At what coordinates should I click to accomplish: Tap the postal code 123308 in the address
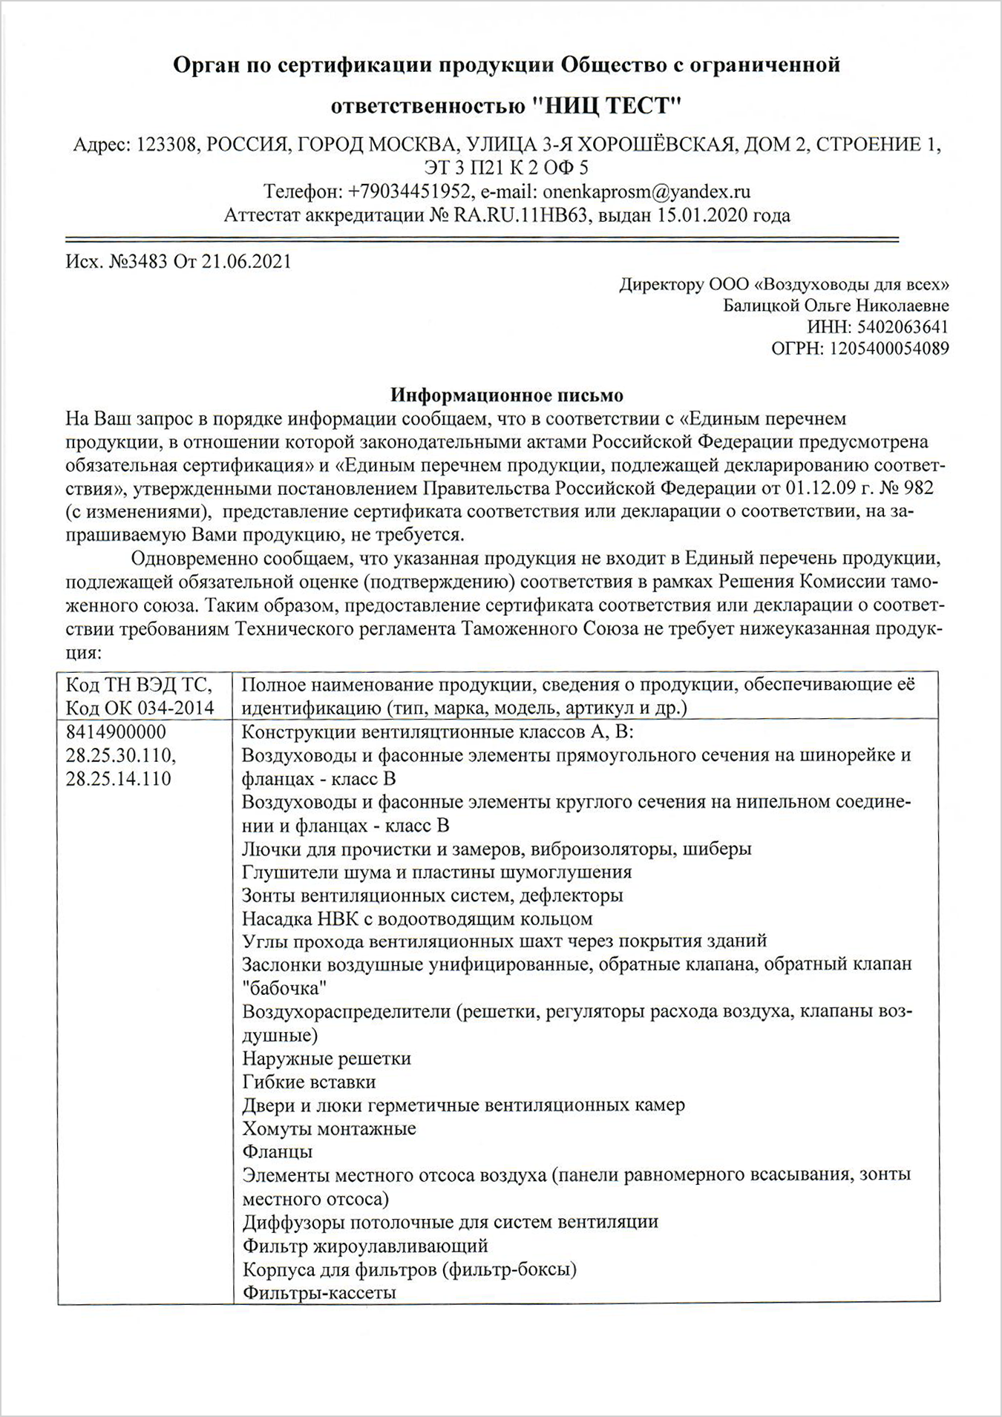pyautogui.click(x=168, y=144)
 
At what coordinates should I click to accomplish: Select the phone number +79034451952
pyautogui.click(x=410, y=191)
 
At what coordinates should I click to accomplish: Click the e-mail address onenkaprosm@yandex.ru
pyautogui.click(x=646, y=191)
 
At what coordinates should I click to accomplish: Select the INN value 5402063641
pyautogui.click(x=903, y=327)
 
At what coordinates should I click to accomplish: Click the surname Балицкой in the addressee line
pyautogui.click(x=758, y=306)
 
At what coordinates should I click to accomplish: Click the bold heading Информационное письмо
pyautogui.click(x=507, y=395)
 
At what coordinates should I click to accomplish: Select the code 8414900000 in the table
pyautogui.click(x=116, y=732)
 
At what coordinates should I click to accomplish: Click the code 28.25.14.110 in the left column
pyautogui.click(x=119, y=779)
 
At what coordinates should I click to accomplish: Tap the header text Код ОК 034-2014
pyautogui.click(x=140, y=708)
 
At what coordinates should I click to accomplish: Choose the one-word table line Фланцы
pyautogui.click(x=277, y=1151)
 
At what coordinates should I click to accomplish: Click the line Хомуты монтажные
pyautogui.click(x=329, y=1128)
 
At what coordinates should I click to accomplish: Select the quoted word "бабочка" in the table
pyautogui.click(x=285, y=988)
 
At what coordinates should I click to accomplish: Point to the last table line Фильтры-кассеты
pyautogui.click(x=319, y=1292)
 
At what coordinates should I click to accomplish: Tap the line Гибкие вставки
pyautogui.click(x=309, y=1082)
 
